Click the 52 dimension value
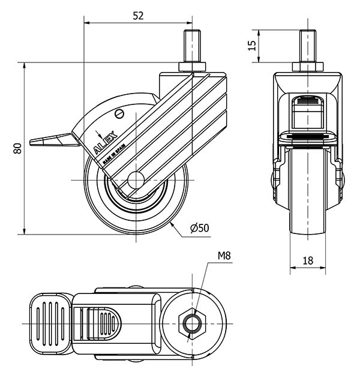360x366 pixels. [138, 17]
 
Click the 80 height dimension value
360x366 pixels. [18, 148]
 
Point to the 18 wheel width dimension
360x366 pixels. [307, 260]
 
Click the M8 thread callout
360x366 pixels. [224, 255]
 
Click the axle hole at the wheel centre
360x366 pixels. [136, 181]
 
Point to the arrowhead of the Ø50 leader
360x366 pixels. [172, 223]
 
